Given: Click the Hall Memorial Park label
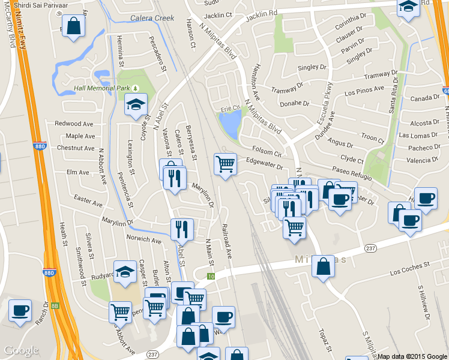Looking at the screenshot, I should tap(101, 88).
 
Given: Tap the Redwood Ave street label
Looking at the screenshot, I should tap(74, 124).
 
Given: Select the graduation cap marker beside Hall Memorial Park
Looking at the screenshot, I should tap(136, 104).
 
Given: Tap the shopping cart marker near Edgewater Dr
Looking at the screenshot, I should tap(224, 163).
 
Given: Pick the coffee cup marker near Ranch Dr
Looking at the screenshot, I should tap(20, 310).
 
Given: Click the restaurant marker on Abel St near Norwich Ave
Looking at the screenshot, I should tap(182, 229).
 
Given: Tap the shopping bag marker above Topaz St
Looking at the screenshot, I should tap(323, 266).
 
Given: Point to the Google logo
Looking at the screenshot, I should tap(21, 350).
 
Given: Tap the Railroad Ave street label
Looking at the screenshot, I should tap(226, 241).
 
